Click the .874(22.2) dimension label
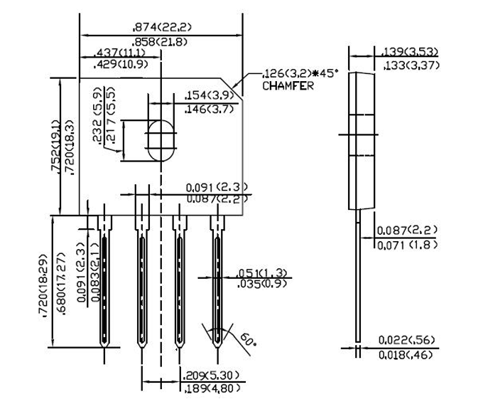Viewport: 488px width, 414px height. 162,27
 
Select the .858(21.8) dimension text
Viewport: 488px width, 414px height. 160,42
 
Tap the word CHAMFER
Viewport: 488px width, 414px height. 288,86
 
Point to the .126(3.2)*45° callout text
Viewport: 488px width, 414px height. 300,73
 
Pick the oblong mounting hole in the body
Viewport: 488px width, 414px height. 161,141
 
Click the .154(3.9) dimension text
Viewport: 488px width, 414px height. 209,95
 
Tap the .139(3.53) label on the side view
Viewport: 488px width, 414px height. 410,51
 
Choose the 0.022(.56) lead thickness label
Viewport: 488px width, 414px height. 406,340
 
